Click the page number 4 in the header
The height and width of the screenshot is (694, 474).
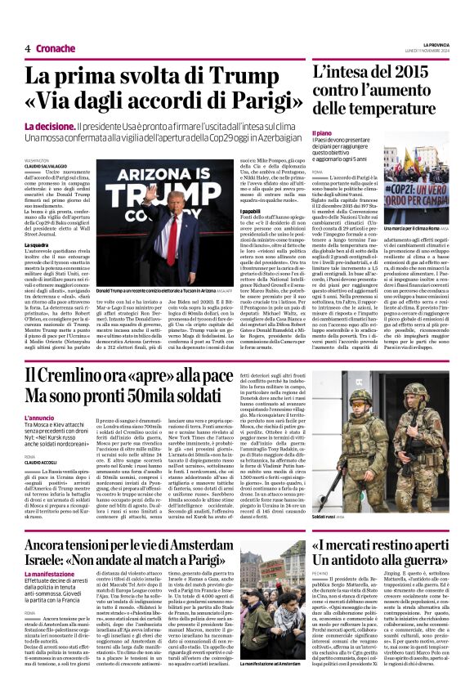point(28,48)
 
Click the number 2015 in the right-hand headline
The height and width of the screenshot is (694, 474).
point(418,73)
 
